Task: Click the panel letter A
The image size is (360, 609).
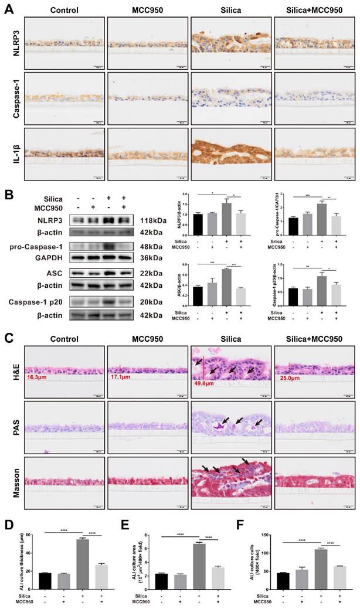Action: [x=7, y=8]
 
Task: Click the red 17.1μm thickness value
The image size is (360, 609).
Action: [x=123, y=377]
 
